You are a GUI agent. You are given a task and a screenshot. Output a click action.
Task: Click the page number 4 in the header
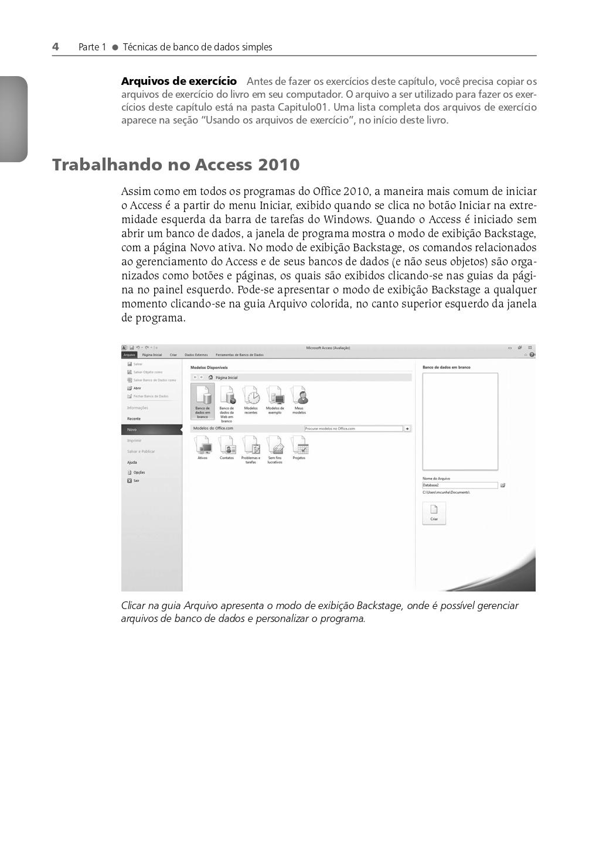pos(56,47)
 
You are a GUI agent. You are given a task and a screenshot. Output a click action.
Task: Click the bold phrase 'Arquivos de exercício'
pos(179,81)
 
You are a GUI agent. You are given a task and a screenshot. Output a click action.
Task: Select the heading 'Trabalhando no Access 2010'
pos(176,165)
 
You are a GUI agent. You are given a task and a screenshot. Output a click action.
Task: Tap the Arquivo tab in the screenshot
pos(129,355)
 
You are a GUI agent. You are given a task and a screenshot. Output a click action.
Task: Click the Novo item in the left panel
pos(132,430)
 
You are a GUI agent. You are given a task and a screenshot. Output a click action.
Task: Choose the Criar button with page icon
pos(434,513)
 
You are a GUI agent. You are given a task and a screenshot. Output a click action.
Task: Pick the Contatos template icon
pos(227,447)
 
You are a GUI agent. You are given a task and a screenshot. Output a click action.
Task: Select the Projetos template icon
pos(299,447)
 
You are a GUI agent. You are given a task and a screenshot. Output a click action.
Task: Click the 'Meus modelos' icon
pos(299,396)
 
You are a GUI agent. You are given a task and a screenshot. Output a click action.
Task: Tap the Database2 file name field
pos(459,486)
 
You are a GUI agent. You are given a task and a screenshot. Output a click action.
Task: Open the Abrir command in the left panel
pos(137,388)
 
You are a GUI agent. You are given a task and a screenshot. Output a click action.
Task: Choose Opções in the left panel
pos(138,473)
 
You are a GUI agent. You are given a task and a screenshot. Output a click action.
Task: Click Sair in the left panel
pos(136,481)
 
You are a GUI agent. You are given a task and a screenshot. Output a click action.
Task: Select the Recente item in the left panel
pos(134,419)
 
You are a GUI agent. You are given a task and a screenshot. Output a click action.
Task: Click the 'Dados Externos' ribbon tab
pos(196,355)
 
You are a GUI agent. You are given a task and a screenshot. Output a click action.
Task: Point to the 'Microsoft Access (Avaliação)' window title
pos(328,348)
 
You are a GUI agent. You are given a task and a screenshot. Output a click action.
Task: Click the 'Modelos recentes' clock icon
pos(251,396)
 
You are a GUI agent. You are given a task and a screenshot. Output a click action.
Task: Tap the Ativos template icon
pos(203,447)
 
